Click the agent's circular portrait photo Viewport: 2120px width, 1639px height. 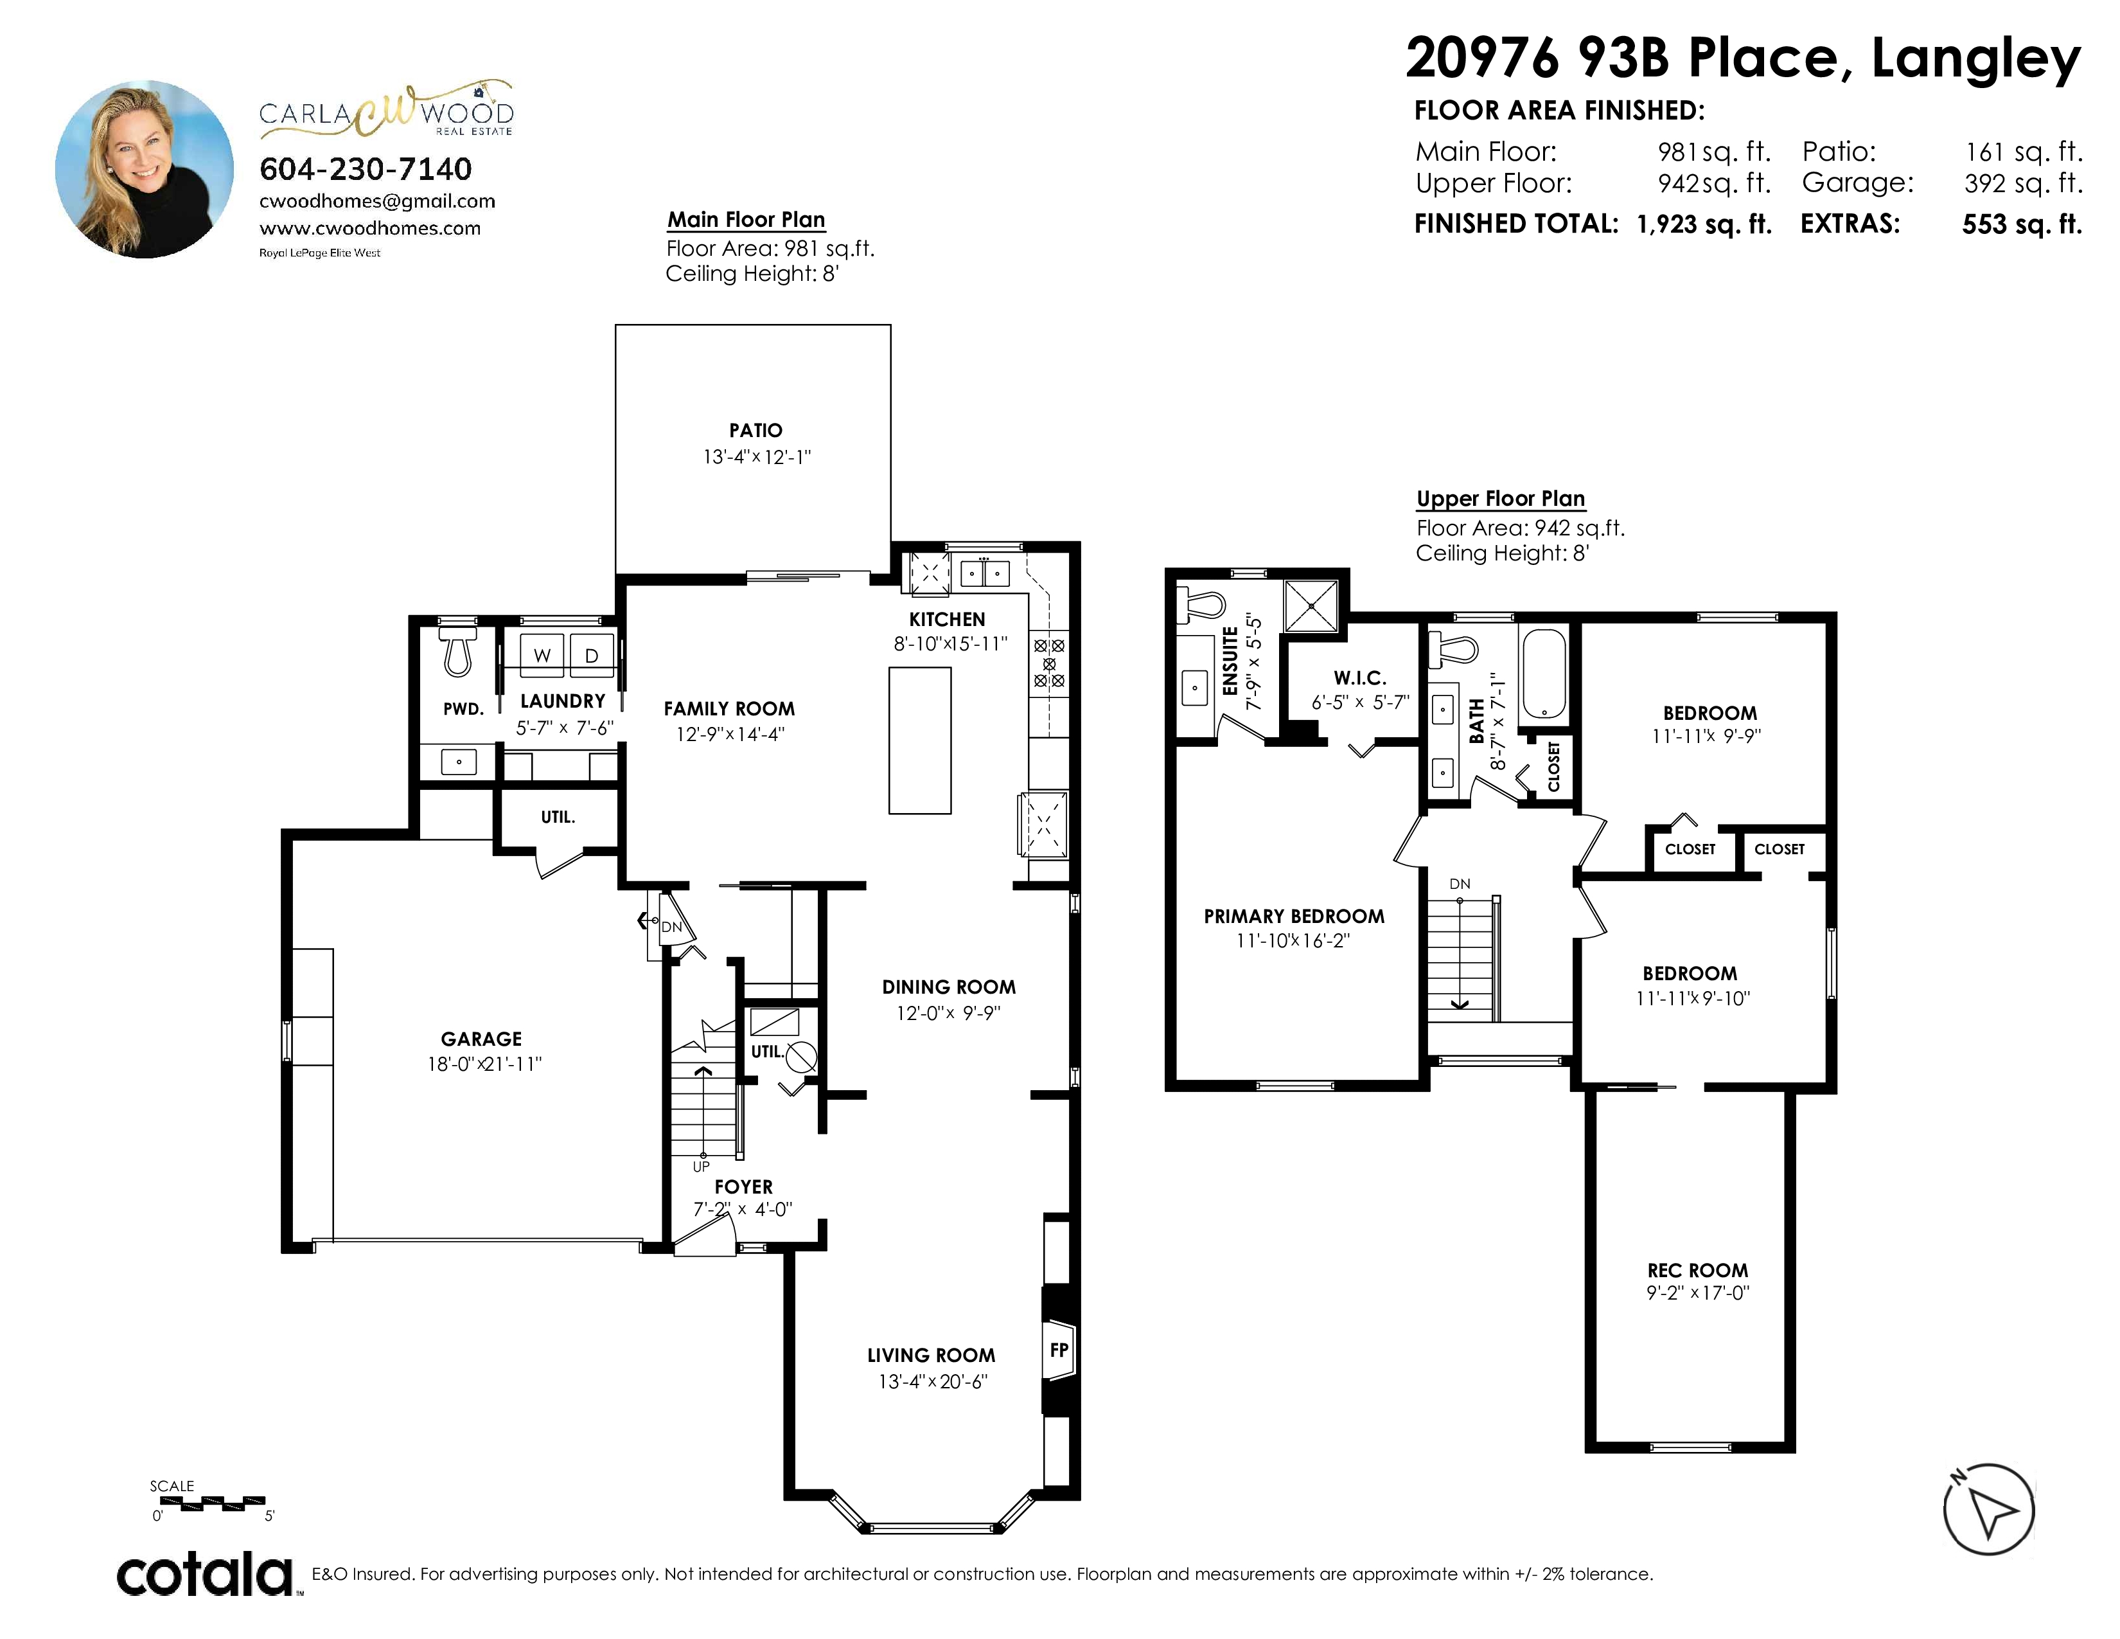pyautogui.click(x=145, y=169)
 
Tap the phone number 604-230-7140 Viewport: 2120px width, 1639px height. pyautogui.click(x=366, y=169)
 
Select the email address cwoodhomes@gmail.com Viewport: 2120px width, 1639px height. pyautogui.click(x=378, y=201)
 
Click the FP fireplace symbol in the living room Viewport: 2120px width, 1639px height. pyautogui.click(x=1059, y=1350)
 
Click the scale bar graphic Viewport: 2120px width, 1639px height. pyautogui.click(x=205, y=1504)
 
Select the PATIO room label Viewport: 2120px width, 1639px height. pyautogui.click(x=756, y=430)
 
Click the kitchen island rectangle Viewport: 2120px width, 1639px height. pyautogui.click(x=920, y=740)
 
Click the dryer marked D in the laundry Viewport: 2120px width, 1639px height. pyautogui.click(x=591, y=654)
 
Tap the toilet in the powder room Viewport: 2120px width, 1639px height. pyautogui.click(x=457, y=650)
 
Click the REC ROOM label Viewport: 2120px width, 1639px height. pyautogui.click(x=1698, y=1270)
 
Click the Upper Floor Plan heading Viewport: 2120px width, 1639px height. pyautogui.click(x=1501, y=499)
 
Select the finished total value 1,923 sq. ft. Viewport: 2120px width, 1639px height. pyautogui.click(x=1704, y=224)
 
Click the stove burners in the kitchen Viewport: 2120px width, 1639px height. pyautogui.click(x=1049, y=662)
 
